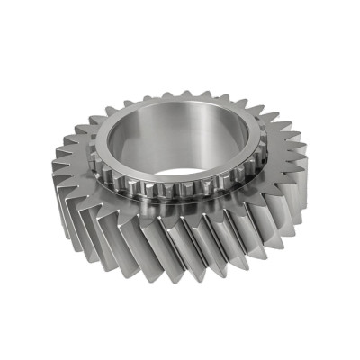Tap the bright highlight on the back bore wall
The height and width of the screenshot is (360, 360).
[x=184, y=126]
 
